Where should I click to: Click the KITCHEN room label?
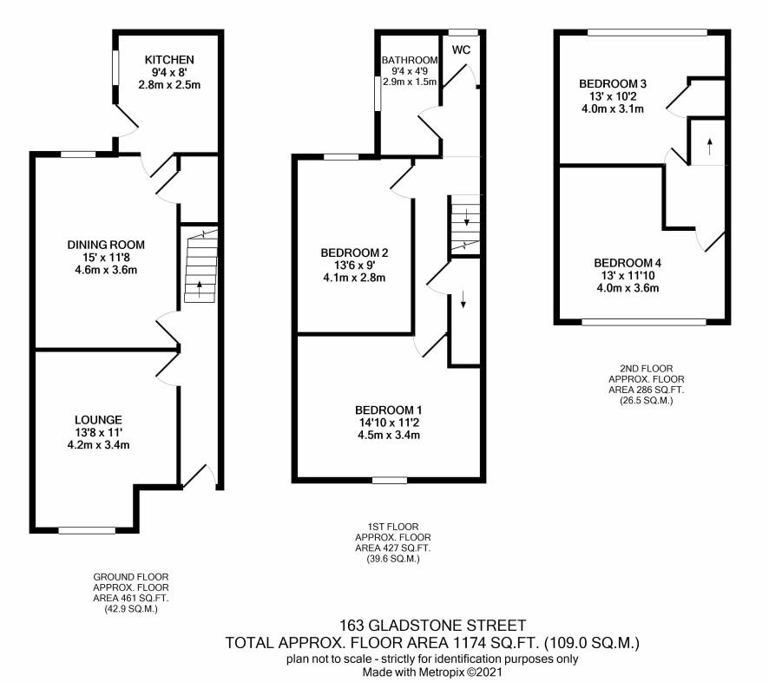click(x=169, y=60)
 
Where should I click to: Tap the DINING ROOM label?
click(x=106, y=245)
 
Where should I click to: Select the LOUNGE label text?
click(x=98, y=420)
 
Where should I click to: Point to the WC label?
click(x=461, y=49)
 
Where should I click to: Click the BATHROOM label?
click(x=410, y=60)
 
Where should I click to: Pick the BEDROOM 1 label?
click(x=389, y=410)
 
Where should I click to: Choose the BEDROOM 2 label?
click(x=354, y=253)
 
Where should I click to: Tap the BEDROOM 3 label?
click(x=613, y=84)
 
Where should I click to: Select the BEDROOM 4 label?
click(x=628, y=263)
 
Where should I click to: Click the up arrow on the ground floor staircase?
click(x=199, y=289)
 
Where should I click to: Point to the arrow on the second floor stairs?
click(x=710, y=146)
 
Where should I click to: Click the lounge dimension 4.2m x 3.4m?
click(x=98, y=445)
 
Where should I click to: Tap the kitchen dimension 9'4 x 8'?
click(x=169, y=73)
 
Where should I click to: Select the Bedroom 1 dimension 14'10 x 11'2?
click(x=389, y=423)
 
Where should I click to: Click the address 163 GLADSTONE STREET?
click(x=432, y=626)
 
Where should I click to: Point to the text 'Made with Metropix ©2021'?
click(x=432, y=672)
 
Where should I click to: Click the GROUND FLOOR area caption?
click(x=131, y=593)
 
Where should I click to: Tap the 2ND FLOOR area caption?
click(x=647, y=384)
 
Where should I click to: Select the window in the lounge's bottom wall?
click(x=87, y=530)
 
